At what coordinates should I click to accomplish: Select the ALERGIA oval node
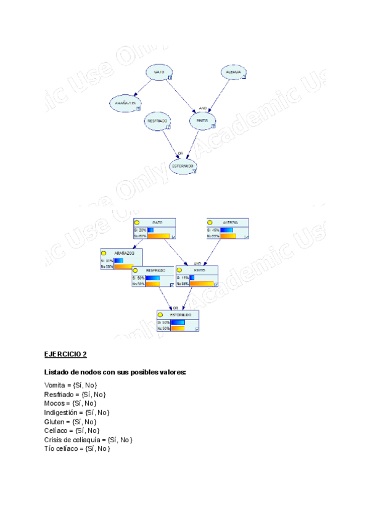[234, 72]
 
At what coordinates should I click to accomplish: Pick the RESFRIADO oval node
[157, 121]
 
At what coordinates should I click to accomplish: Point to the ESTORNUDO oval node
[183, 166]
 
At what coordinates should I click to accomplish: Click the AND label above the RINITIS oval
[202, 107]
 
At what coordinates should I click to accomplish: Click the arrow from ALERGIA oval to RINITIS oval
[218, 94]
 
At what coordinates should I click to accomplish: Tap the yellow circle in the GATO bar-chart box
[138, 222]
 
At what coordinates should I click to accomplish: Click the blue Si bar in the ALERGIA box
[226, 229]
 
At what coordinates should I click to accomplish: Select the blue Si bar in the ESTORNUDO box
[178, 322]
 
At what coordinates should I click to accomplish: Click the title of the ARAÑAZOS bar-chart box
[124, 253]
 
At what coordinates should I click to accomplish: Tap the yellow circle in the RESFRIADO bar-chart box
[136, 270]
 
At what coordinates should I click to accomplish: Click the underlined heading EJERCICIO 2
[65, 354]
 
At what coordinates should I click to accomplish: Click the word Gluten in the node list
[53, 421]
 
